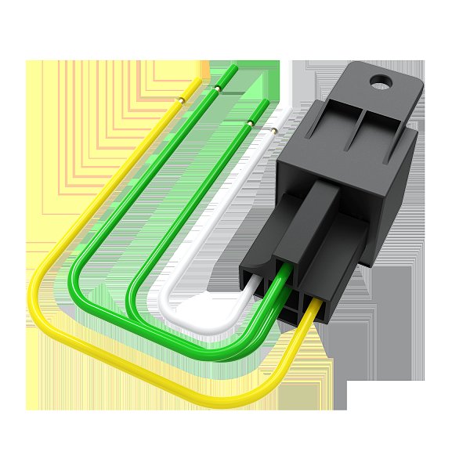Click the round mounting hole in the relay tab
click(x=382, y=79)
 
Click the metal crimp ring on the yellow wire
click(x=181, y=99)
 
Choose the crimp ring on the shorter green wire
click(x=250, y=123)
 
